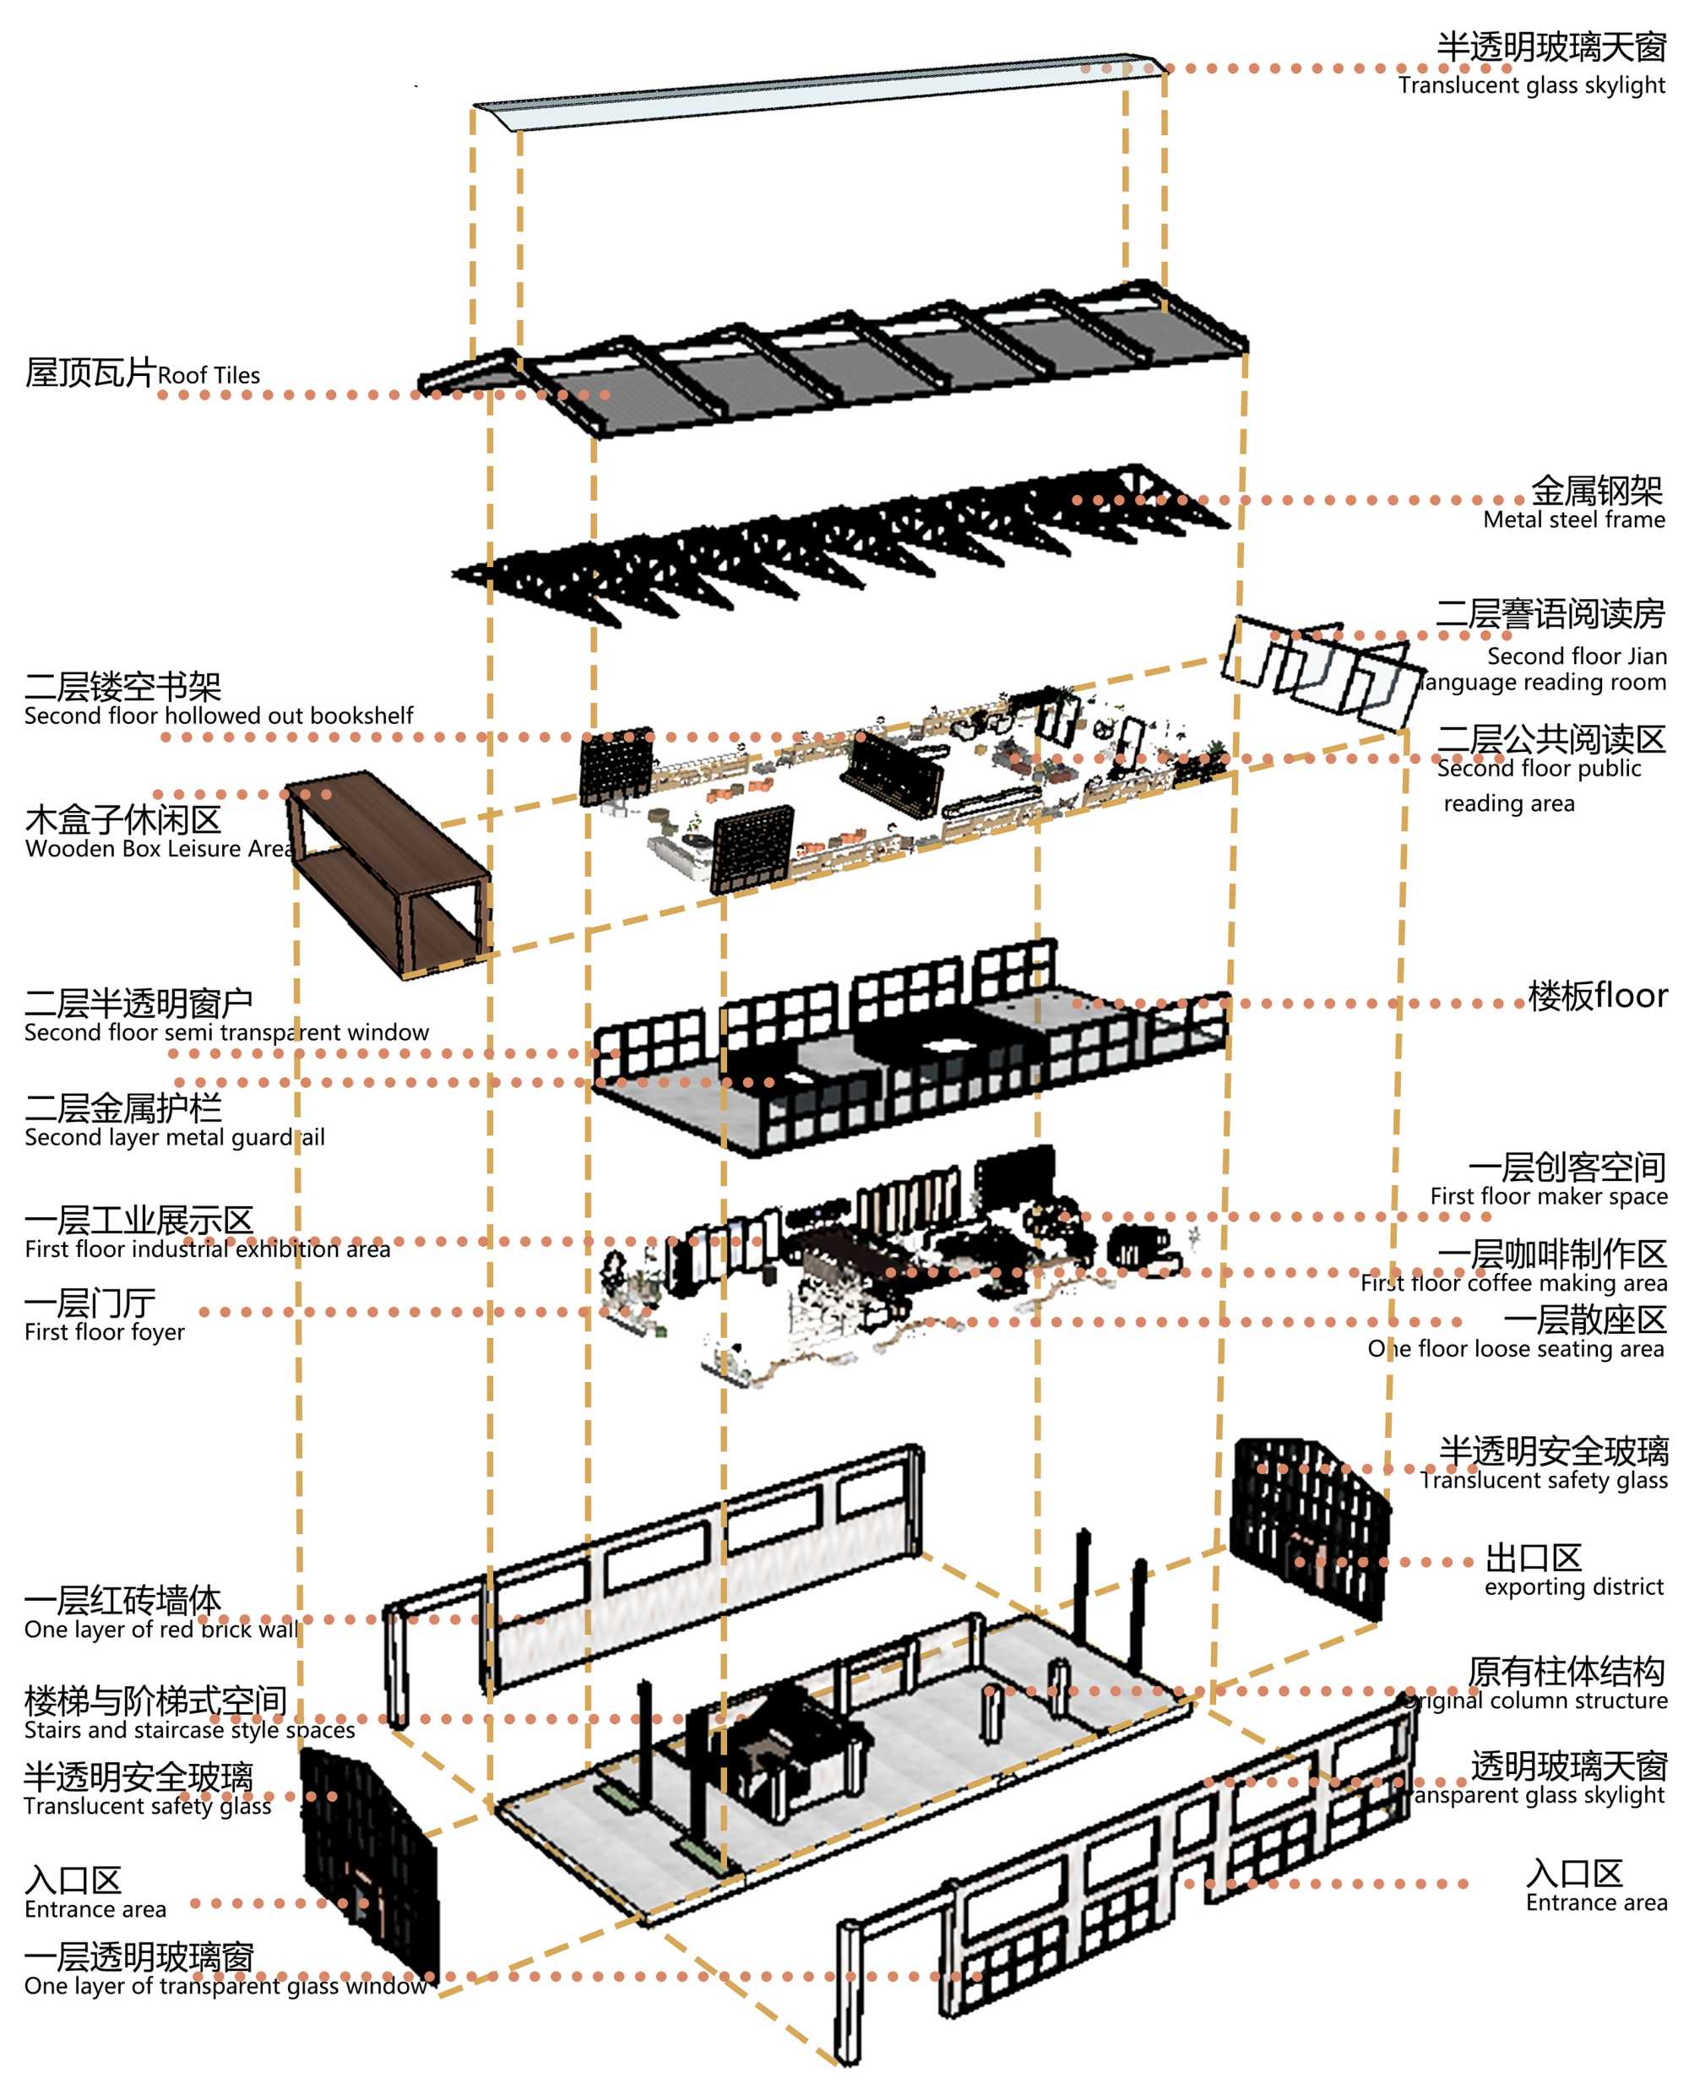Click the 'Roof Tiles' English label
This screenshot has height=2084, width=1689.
(x=209, y=376)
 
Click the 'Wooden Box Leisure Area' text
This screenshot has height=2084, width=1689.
(x=159, y=848)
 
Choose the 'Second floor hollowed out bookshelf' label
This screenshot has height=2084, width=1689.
(x=218, y=716)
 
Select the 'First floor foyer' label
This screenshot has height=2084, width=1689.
(x=104, y=1331)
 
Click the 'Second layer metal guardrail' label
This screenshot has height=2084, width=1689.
(x=174, y=1137)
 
